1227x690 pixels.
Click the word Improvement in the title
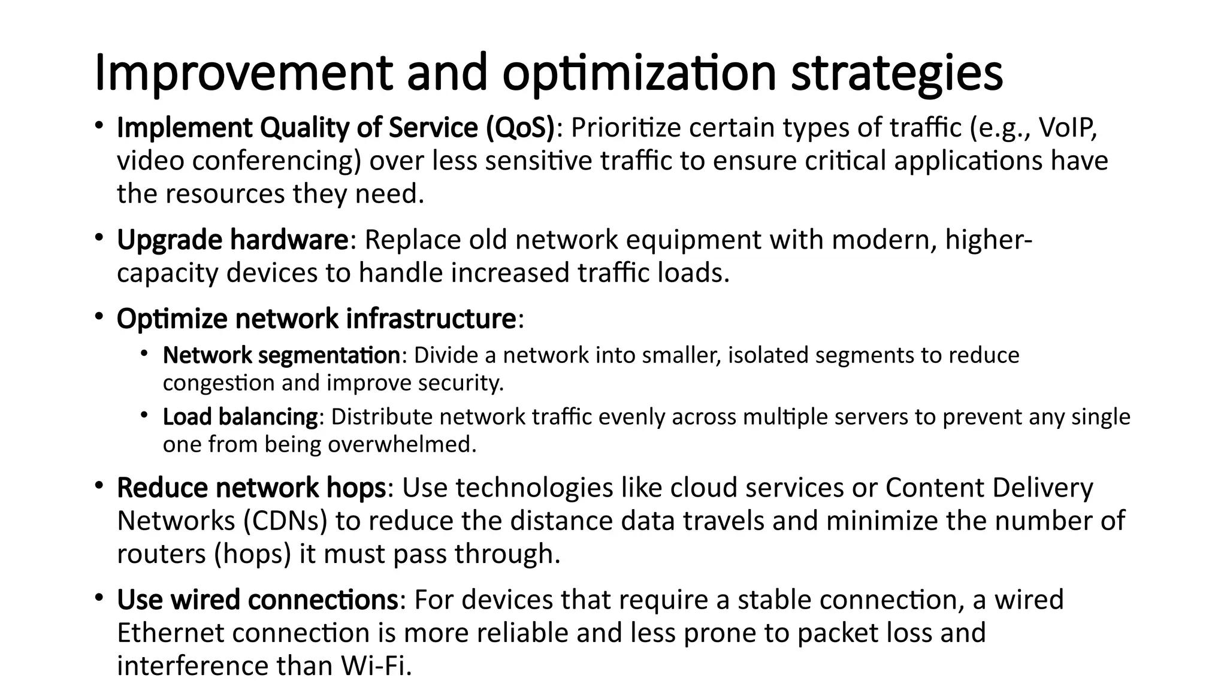coord(243,73)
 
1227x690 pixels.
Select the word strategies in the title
coord(896,73)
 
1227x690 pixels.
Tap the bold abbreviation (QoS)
coord(520,128)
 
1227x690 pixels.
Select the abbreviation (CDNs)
coord(286,520)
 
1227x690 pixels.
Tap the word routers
coord(162,554)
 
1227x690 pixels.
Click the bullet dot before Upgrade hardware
coord(99,238)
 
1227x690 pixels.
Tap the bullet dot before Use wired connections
coord(99,598)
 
